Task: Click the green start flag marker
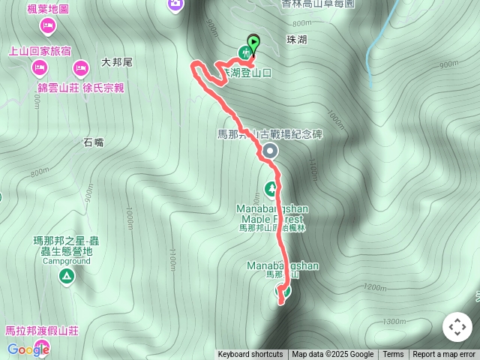[253, 43]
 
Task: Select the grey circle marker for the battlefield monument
[270, 151]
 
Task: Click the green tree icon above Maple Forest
[271, 187]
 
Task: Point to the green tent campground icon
[67, 277]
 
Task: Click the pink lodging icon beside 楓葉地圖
[47, 27]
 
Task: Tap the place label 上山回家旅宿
[40, 51]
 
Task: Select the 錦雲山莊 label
[58, 88]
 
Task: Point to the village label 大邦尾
[116, 63]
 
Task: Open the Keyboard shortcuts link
[250, 355]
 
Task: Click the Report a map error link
[444, 355]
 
